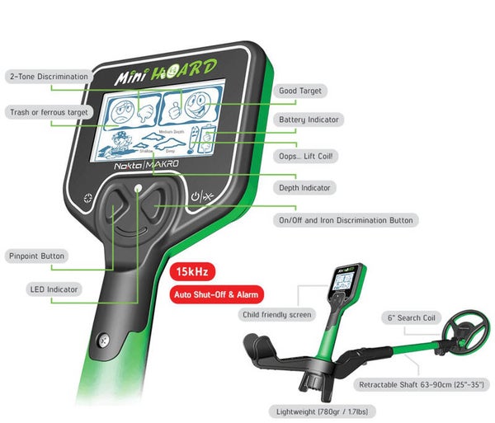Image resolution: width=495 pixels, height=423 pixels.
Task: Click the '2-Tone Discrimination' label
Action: [x=47, y=77]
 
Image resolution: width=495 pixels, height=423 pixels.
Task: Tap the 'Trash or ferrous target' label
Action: [x=47, y=111]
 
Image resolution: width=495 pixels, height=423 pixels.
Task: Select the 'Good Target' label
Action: [x=299, y=91]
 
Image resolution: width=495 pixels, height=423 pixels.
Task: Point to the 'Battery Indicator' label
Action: [x=308, y=120]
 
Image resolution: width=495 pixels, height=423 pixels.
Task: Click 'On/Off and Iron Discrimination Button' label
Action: [x=345, y=220]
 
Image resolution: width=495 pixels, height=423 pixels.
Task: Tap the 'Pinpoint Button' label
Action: [x=35, y=256]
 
